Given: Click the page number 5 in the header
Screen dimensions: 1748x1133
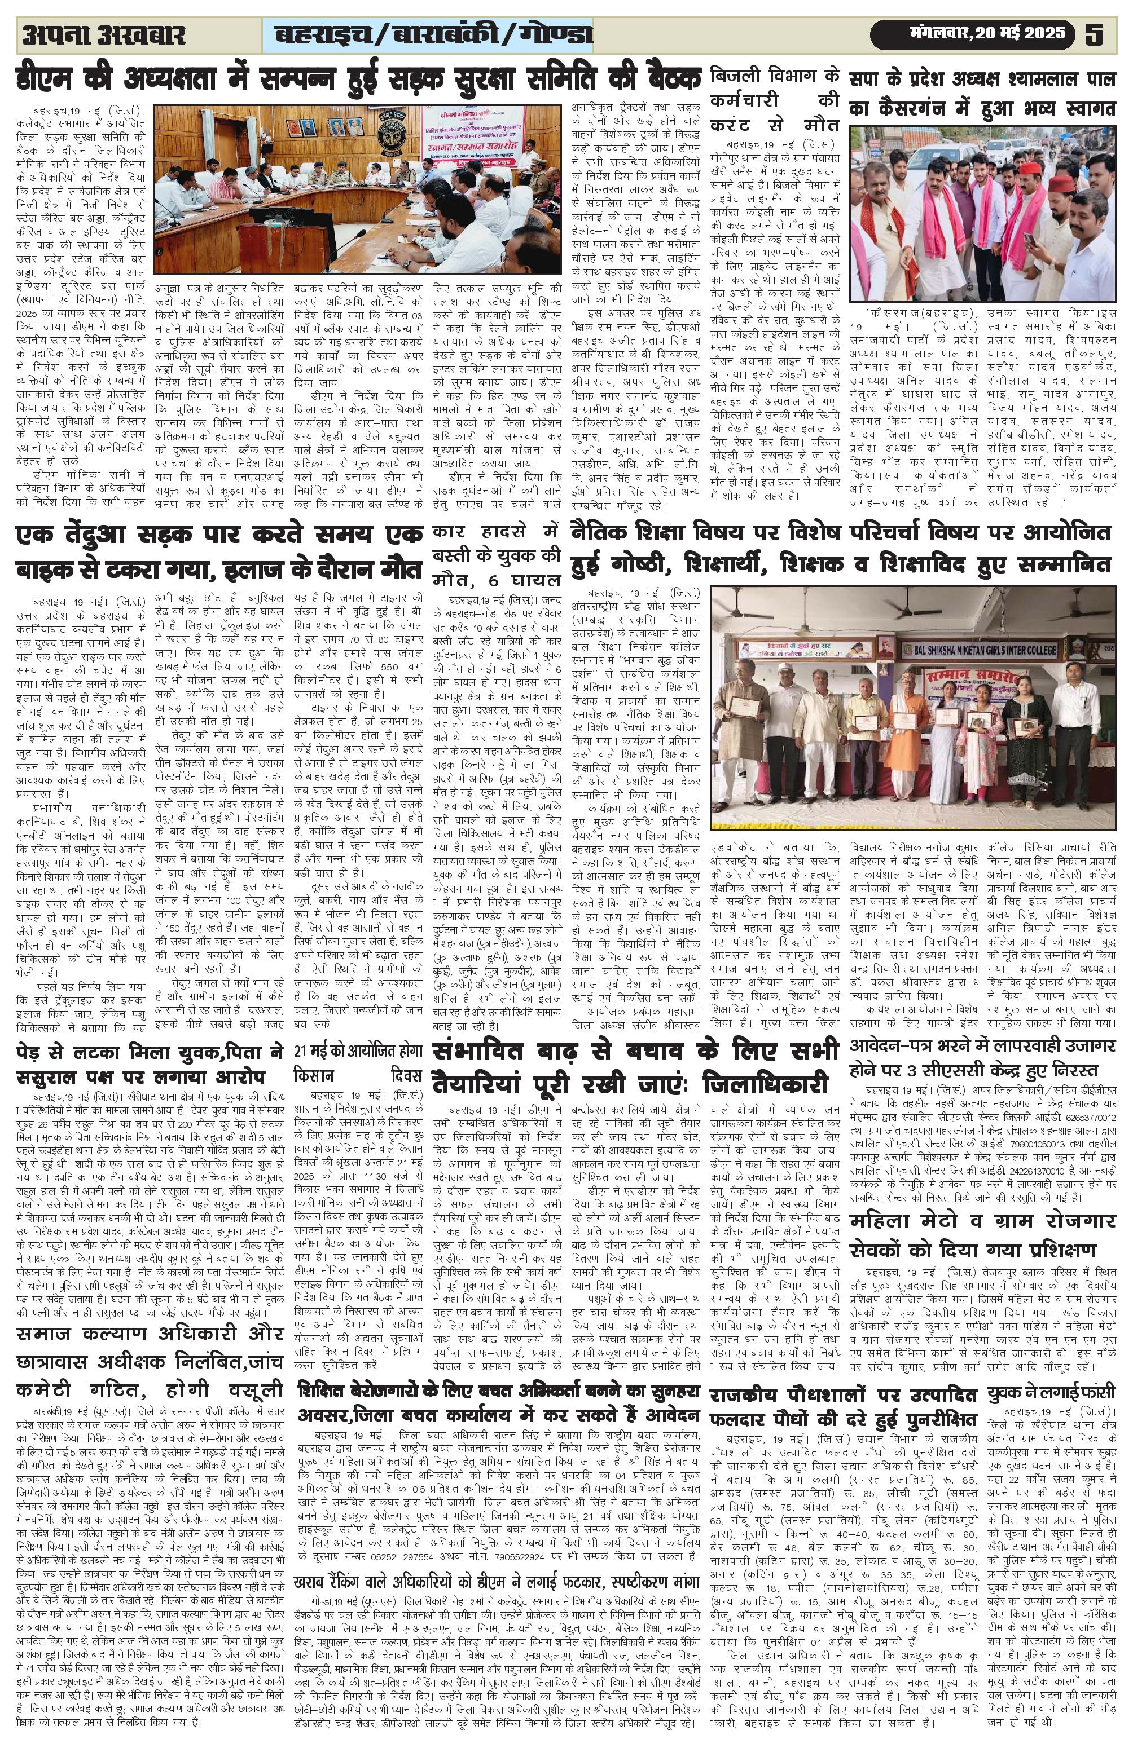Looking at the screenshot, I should click(x=1094, y=34).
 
